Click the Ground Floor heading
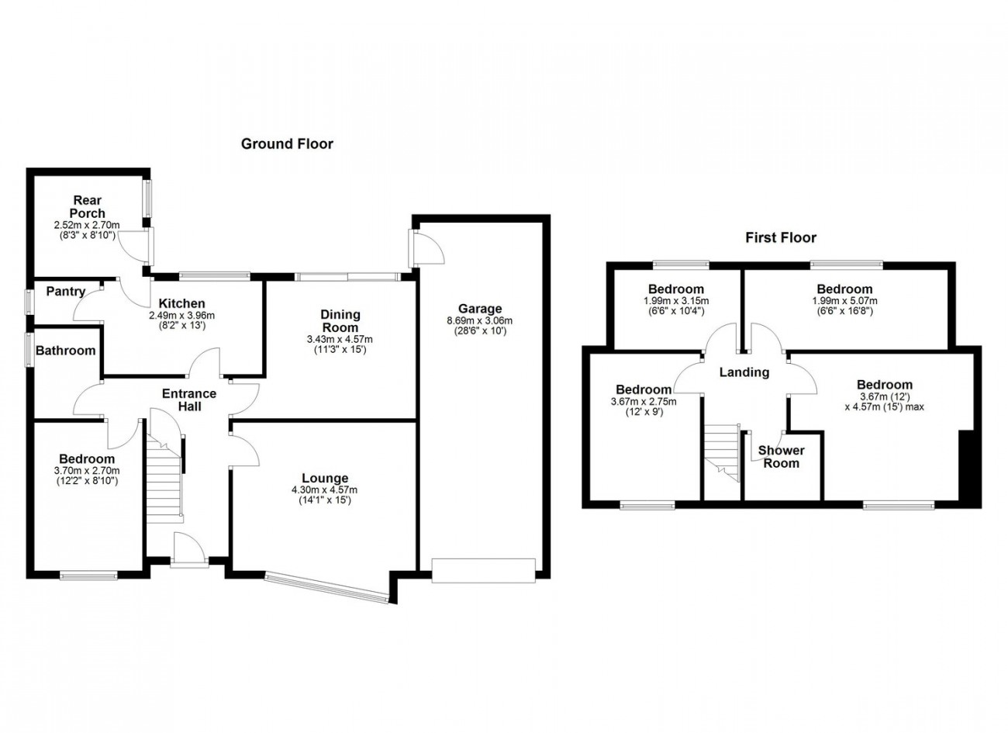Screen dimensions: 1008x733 [287, 144]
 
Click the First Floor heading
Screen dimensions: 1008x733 [781, 237]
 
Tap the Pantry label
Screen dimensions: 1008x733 [66, 292]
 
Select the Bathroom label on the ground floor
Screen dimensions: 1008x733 [66, 351]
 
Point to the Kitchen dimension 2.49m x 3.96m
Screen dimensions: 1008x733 [181, 316]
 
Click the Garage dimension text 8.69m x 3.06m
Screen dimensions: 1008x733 [480, 321]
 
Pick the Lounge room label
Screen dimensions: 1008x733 [325, 478]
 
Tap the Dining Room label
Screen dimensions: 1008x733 [340, 320]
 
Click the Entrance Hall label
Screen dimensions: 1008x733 [189, 399]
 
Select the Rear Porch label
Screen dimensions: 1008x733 [88, 206]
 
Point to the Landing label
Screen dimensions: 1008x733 [744, 372]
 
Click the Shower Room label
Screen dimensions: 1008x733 [782, 457]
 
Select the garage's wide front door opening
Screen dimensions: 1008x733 [484, 571]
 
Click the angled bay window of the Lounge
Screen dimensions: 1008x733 [326, 587]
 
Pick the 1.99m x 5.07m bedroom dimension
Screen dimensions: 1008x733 [844, 300]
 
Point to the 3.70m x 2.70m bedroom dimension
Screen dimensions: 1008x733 [87, 471]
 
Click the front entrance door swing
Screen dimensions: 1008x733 [189, 548]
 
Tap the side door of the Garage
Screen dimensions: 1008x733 [426, 248]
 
